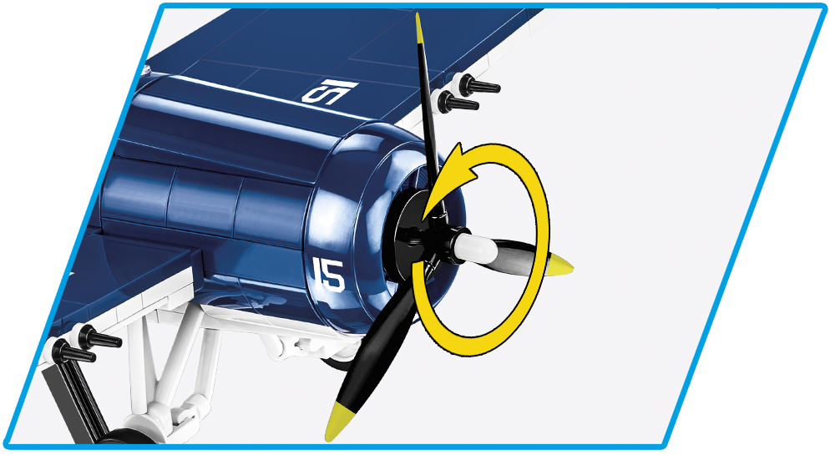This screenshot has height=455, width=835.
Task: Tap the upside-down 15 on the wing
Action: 330,92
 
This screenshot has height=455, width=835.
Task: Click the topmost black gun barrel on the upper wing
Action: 478,84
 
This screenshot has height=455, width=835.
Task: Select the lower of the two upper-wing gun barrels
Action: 458,100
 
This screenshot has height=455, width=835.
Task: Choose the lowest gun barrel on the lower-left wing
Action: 74,351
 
